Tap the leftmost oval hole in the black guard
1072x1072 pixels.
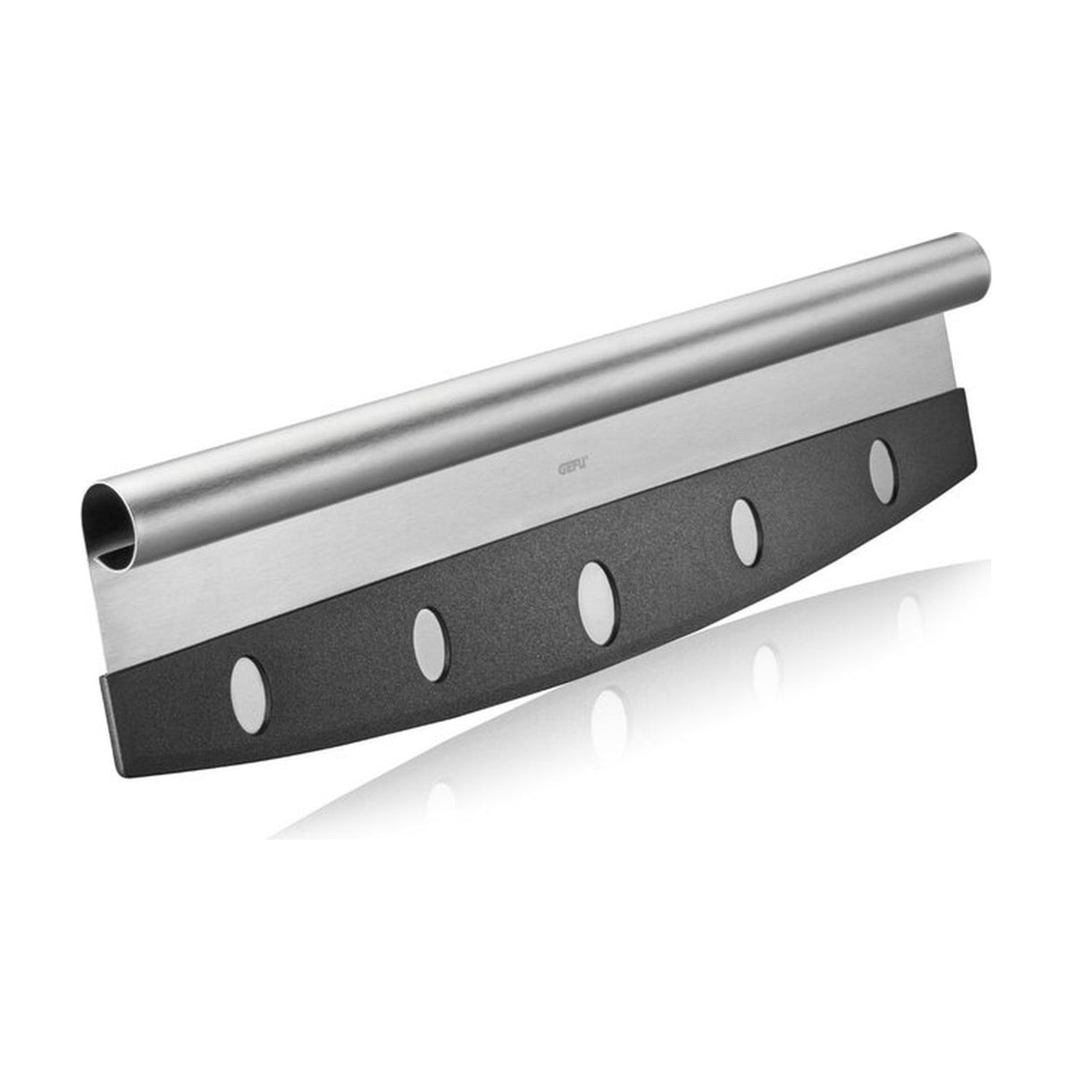(x=247, y=693)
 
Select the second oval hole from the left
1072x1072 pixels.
(x=430, y=644)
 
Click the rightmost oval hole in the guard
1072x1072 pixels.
(x=883, y=472)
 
